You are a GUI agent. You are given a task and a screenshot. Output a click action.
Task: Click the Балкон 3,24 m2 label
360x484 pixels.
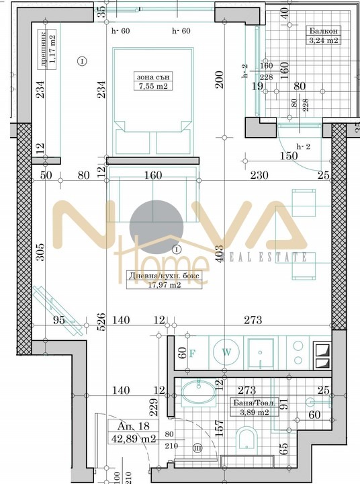323,35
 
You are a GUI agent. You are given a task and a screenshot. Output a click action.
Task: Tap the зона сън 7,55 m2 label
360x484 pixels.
151,81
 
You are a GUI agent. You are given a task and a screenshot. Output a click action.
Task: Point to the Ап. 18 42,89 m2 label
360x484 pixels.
134,434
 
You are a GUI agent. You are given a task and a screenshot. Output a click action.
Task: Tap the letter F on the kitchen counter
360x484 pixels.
192,352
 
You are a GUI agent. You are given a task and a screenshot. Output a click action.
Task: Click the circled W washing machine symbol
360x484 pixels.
226,352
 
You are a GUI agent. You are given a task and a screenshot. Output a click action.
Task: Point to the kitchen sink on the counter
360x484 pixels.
261,352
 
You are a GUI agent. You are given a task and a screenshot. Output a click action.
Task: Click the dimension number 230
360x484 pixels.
259,176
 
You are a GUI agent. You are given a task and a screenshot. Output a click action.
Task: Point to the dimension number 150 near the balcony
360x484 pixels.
289,156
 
